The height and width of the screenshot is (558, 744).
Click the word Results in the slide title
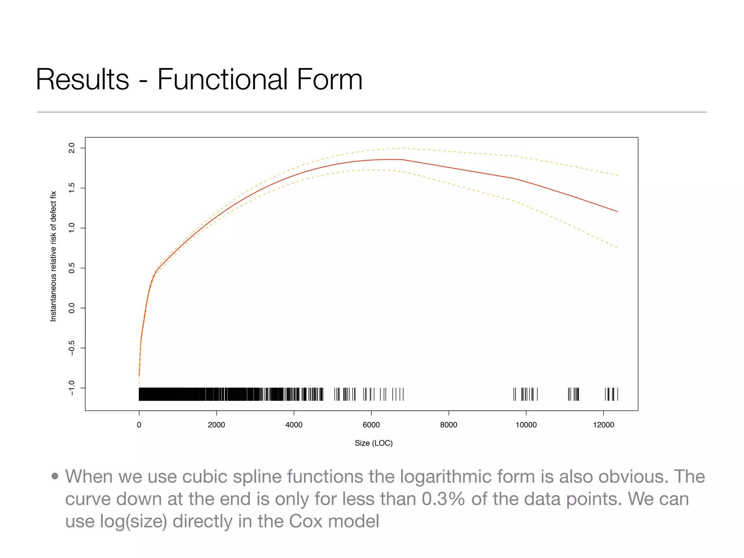(x=82, y=80)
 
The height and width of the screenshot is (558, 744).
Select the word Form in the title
(x=329, y=80)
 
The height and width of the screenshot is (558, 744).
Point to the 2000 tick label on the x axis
(x=216, y=425)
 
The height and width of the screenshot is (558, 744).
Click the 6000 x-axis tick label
(x=371, y=425)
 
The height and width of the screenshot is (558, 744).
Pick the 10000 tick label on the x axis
(x=526, y=425)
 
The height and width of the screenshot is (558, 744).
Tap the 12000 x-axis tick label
(x=603, y=425)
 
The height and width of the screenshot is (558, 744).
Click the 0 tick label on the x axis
(x=139, y=425)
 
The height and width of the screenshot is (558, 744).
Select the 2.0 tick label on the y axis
(x=72, y=148)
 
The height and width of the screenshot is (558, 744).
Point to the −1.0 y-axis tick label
(x=72, y=388)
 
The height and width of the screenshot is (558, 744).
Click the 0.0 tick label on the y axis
(x=72, y=308)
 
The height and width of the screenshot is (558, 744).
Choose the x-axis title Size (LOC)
(x=373, y=443)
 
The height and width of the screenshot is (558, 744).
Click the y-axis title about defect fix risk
(x=53, y=256)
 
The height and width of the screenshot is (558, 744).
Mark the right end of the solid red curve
(x=617, y=211)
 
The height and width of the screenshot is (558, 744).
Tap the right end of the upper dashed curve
(x=618, y=175)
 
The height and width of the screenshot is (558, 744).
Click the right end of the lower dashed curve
(x=617, y=248)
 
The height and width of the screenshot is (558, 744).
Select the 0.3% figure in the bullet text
(x=443, y=499)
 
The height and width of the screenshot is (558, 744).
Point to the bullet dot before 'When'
(x=55, y=476)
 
